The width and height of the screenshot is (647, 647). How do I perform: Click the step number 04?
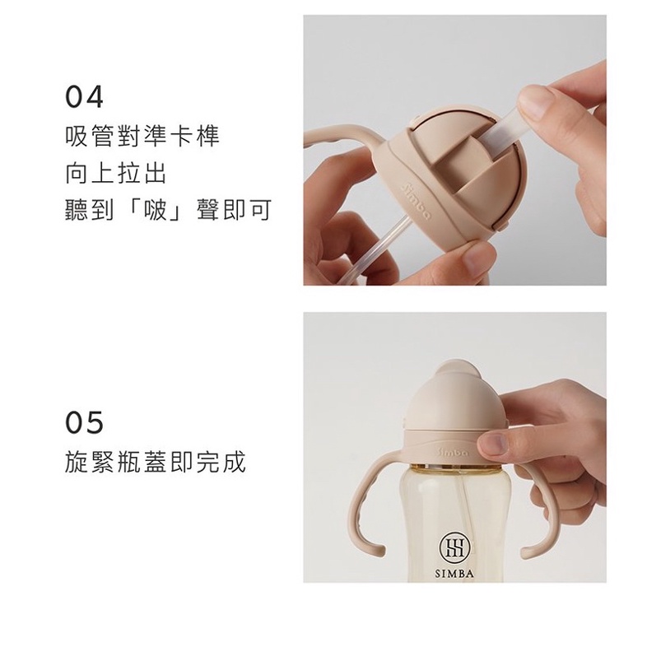coord(84,96)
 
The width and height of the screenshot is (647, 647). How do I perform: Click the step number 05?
coord(84,422)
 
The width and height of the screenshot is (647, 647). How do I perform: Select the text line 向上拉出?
coord(116,173)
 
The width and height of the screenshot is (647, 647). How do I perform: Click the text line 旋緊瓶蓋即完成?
coord(156,461)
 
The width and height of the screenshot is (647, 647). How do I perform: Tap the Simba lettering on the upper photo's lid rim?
coord(416,201)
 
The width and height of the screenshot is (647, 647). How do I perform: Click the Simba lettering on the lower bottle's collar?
coord(452,452)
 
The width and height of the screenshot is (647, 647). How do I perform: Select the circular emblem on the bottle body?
coord(454,547)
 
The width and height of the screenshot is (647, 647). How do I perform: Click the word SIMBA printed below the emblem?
coord(454,574)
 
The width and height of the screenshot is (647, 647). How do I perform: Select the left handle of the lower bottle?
coord(367,503)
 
